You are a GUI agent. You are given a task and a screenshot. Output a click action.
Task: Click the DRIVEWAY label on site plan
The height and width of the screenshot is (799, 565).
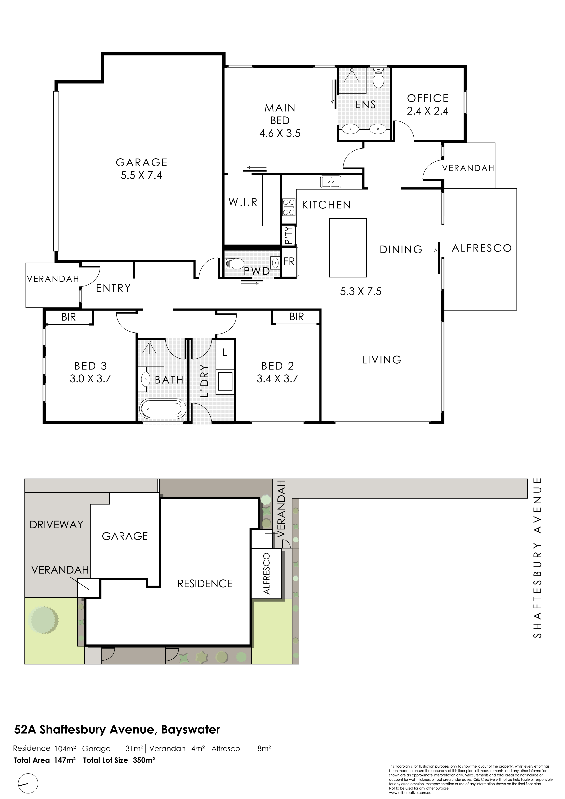[56, 524]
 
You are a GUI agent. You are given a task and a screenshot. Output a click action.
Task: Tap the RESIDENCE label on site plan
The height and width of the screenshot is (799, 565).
[205, 584]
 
